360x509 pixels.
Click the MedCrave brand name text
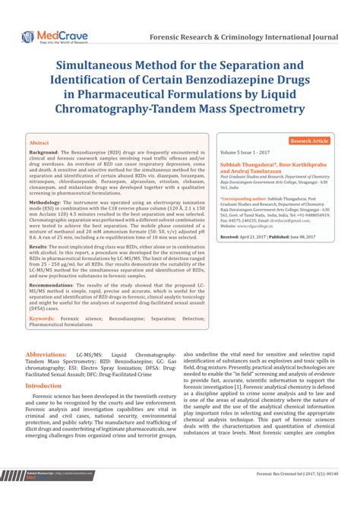[55, 34]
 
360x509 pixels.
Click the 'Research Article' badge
[309, 141]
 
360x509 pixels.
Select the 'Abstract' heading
[38, 144]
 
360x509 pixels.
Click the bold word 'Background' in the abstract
[43, 152]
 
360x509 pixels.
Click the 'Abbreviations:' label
[46, 355]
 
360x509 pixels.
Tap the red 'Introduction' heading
[43, 385]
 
